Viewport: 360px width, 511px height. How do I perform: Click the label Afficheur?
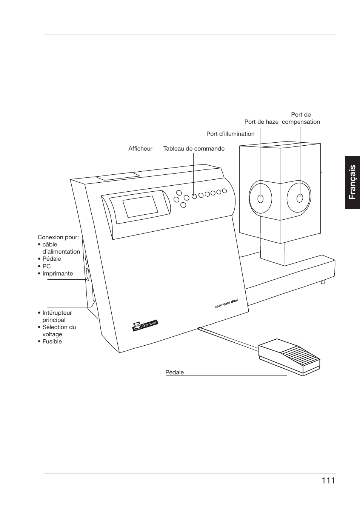pyautogui.click(x=140, y=149)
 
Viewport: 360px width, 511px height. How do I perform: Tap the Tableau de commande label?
pyautogui.click(x=194, y=149)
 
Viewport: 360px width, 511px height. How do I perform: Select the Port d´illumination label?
pyautogui.click(x=230, y=134)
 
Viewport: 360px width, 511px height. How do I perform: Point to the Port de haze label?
pyautogui.click(x=261, y=122)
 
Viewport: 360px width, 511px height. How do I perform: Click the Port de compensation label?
pyautogui.click(x=301, y=118)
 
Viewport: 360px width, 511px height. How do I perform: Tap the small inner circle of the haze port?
pyautogui.click(x=260, y=198)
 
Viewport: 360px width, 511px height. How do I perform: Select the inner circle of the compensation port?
pyautogui.click(x=300, y=198)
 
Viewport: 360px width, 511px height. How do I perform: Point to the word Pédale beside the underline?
pyautogui.click(x=174, y=372)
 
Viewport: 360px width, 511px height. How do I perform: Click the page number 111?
pyautogui.click(x=328, y=480)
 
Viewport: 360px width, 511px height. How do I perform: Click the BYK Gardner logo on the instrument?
pyautogui.click(x=145, y=325)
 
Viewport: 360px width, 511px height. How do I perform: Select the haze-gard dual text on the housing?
pyautogui.click(x=226, y=304)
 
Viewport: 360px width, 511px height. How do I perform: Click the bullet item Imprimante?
pyautogui.click(x=57, y=274)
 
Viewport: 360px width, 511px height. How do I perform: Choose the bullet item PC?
pyautogui.click(x=46, y=266)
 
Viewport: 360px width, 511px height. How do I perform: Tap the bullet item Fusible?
pyautogui.click(x=52, y=342)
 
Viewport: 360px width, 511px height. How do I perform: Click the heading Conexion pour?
pyautogui.click(x=58, y=237)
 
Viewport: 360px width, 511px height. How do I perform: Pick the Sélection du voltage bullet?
pyautogui.click(x=59, y=331)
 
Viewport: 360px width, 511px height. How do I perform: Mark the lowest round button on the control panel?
pyautogui.click(x=183, y=205)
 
